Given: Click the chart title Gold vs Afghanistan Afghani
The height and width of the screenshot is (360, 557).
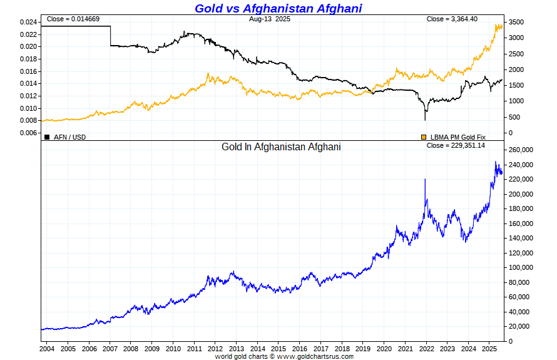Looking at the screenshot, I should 278,8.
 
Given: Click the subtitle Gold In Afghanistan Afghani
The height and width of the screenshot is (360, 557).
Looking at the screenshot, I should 281,147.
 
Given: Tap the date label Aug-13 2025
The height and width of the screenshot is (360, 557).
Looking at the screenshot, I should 269,19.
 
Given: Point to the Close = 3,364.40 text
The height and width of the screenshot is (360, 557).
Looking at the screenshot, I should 452,19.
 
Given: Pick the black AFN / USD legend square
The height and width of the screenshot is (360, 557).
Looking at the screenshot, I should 47,136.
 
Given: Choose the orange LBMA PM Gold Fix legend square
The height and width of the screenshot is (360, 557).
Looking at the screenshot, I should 424,136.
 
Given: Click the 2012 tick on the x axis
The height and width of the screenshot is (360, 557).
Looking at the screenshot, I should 215,348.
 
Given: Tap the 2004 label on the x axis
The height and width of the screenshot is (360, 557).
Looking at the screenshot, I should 47,348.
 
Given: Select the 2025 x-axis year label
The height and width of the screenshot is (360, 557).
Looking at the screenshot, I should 489,348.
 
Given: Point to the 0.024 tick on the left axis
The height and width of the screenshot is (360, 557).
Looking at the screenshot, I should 28,22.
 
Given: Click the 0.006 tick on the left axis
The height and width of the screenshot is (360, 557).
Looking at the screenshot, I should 28,133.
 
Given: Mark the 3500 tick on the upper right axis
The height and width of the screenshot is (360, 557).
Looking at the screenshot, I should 515,22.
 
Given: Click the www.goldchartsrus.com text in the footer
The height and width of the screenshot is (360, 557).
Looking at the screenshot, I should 315,356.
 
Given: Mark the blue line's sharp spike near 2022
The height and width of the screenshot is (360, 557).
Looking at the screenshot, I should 426,180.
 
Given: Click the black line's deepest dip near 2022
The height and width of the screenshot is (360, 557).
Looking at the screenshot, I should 426,119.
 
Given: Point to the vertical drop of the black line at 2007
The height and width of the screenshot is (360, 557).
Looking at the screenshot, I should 111,36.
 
